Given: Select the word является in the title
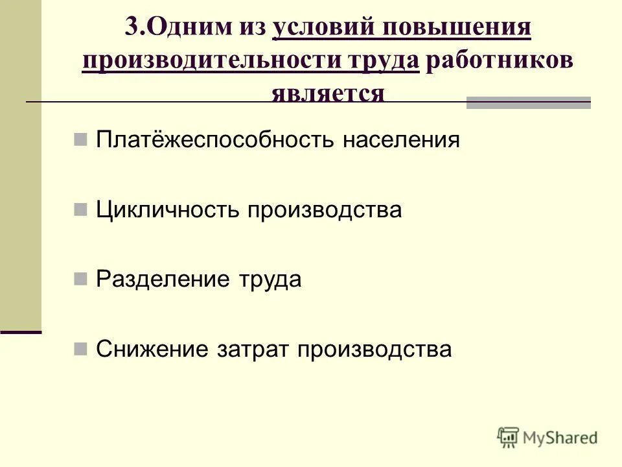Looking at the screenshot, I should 328,93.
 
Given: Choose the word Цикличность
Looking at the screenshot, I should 167,210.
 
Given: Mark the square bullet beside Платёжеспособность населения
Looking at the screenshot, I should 81,139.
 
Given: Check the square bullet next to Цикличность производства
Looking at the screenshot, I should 81,209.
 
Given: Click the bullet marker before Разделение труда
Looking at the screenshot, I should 81,279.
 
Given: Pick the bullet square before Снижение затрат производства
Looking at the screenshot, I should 81,349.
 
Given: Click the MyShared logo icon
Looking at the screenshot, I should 508,437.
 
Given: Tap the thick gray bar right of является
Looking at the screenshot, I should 529,102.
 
